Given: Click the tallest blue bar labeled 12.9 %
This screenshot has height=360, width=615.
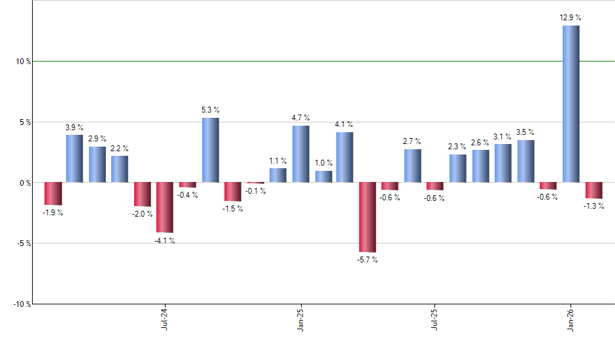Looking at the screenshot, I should (571, 103).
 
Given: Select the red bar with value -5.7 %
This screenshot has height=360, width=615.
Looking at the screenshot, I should (368, 217).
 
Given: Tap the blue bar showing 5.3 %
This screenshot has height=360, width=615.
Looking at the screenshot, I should (210, 150).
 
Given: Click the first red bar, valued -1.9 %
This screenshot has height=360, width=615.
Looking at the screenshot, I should (53, 194).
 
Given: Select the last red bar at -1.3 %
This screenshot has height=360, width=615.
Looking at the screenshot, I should (593, 190).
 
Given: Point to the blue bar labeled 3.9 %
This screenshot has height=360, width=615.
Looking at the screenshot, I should (75, 158).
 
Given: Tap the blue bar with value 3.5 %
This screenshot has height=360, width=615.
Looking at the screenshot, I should (525, 161).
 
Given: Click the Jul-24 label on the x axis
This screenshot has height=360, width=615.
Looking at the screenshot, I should (164, 319).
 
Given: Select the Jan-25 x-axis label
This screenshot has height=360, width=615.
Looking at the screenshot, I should (300, 319).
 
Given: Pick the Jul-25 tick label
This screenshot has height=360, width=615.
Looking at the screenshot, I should (435, 319).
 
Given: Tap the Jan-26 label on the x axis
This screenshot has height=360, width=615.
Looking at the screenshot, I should (571, 319).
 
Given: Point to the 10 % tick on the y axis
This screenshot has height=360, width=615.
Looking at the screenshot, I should (24, 62).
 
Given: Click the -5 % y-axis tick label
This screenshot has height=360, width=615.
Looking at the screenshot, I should (24, 243).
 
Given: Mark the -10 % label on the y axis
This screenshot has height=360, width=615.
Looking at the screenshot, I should (22, 304).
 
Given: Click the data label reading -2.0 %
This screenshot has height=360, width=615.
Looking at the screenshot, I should (143, 214).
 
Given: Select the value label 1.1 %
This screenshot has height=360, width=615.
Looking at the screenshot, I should (278, 160).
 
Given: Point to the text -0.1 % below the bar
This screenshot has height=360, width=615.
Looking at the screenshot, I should (255, 191).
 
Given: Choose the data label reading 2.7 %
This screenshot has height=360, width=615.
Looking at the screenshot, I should (412, 141).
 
